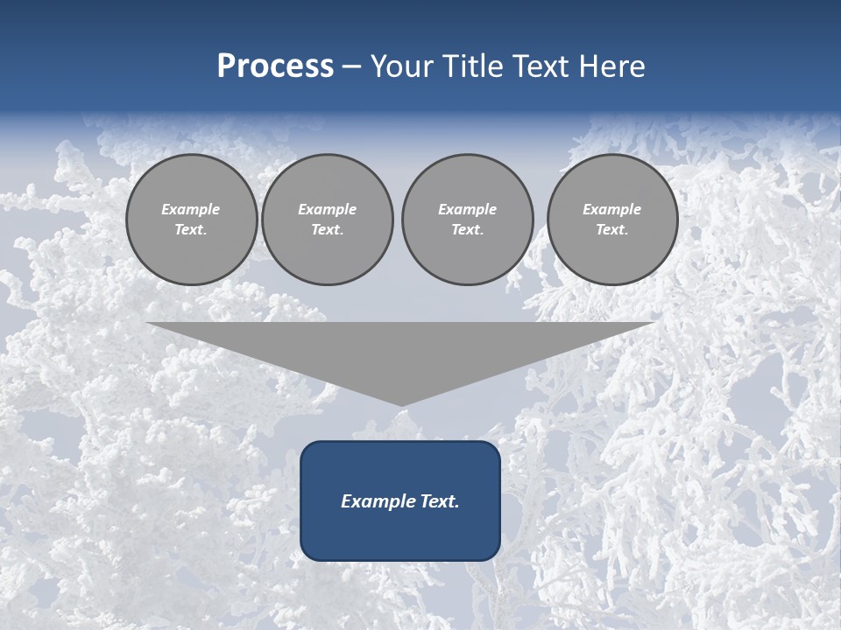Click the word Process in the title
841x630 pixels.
[275, 66]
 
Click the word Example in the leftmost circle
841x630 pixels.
[191, 209]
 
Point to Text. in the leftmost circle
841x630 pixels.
[191, 229]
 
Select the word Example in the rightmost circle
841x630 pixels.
[611, 209]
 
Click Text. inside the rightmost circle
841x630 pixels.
[611, 229]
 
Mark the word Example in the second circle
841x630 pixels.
[327, 209]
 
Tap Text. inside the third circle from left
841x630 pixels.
[467, 229]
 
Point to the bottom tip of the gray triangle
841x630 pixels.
[400, 403]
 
